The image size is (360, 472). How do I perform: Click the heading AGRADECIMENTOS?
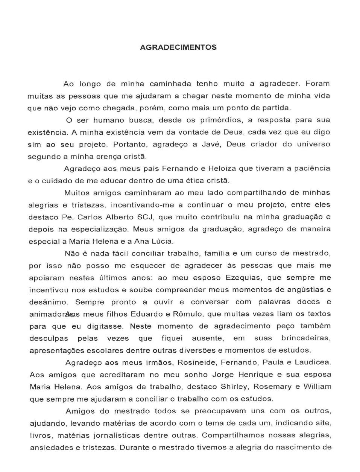tap(178, 47)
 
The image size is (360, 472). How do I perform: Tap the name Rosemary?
tap(273, 387)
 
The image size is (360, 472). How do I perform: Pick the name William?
tap(317, 387)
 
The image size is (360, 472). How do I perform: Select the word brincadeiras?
tap(305, 338)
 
